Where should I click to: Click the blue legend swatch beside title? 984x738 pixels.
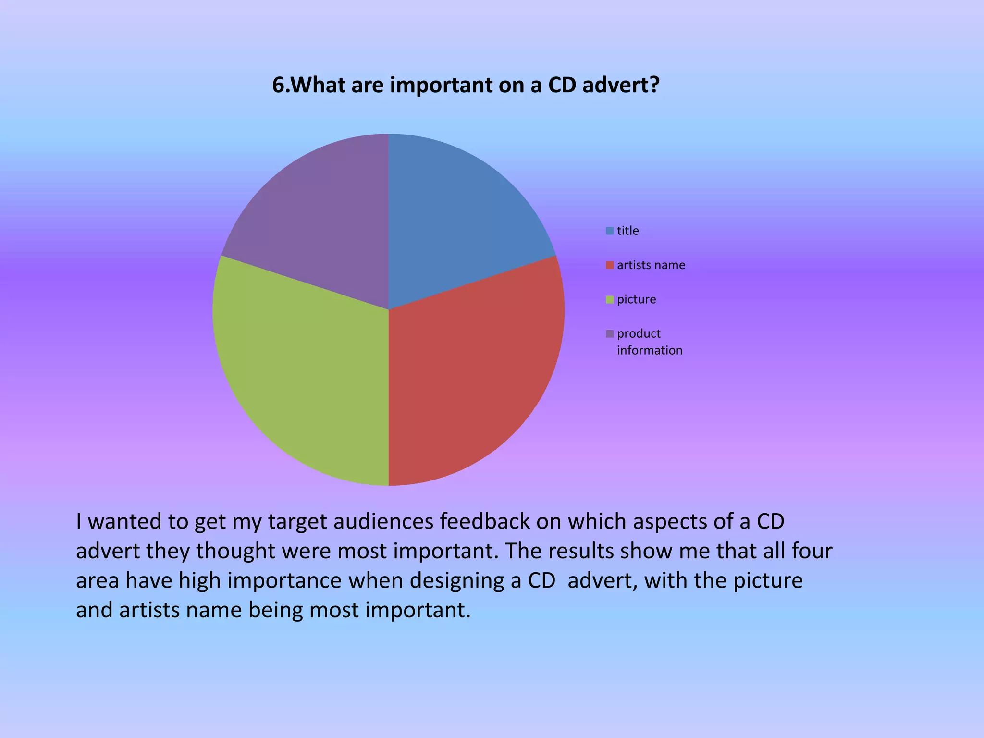click(x=610, y=231)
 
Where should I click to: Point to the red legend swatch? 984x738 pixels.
click(x=610, y=265)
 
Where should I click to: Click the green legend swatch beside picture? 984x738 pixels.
click(x=610, y=300)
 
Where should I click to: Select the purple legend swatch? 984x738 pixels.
click(x=610, y=334)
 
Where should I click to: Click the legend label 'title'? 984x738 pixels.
click(x=627, y=231)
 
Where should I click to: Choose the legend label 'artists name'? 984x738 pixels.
click(x=651, y=265)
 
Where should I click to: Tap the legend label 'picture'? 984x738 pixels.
click(x=636, y=300)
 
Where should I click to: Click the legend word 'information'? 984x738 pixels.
click(x=650, y=350)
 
